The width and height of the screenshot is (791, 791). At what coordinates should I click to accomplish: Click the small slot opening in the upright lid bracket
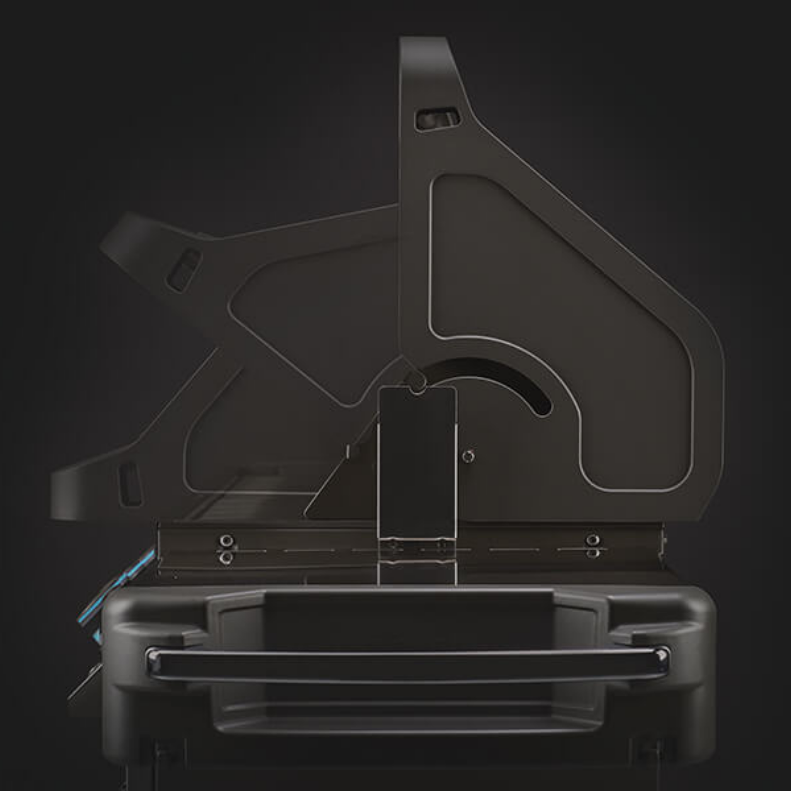coord(437,119)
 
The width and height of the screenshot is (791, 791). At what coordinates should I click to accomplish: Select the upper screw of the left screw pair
coord(226,540)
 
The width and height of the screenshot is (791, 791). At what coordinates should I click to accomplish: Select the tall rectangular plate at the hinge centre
coord(417,463)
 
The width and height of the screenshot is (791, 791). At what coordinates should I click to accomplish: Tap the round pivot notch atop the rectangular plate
coord(417,388)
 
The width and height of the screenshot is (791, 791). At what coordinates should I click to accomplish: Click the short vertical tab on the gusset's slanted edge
coord(348,452)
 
